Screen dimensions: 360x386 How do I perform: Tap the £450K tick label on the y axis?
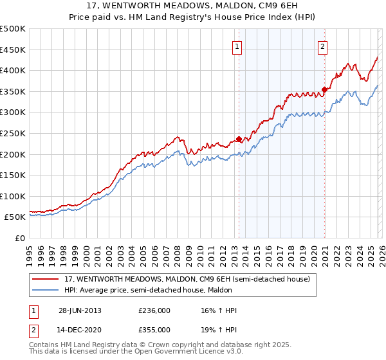coord(13,50)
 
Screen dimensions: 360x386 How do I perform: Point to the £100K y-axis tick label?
coord(13,197)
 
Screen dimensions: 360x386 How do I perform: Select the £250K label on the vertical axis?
coord(13,134)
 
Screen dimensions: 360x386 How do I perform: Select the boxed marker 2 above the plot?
coord(322,46)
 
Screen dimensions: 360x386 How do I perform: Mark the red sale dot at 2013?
coord(239,139)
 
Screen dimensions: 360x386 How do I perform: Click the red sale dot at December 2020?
coord(324,89)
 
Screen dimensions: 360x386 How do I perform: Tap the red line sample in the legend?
coord(46,279)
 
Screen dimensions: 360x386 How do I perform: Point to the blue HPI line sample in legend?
coord(46,290)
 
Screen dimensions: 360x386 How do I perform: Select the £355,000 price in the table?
coord(154,329)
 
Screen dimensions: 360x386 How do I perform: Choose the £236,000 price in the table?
coord(154,310)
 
